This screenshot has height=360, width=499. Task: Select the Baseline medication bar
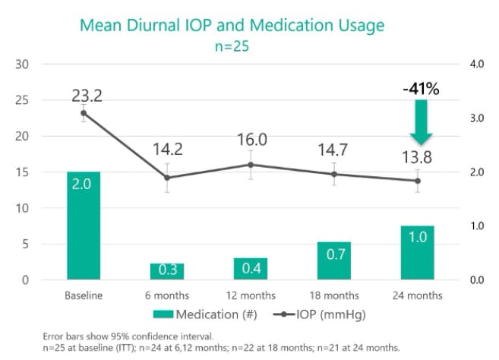84,226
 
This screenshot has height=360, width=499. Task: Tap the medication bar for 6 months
167,271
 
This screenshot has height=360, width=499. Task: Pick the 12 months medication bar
251,269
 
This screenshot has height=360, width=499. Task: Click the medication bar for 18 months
335,261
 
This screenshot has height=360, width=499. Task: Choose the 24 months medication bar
418,252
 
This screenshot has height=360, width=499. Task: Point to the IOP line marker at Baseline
84,113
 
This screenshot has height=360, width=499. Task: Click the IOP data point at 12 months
251,165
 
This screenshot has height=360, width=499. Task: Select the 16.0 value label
251,140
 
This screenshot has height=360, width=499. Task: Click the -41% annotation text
421,90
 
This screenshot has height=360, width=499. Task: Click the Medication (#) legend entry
204,314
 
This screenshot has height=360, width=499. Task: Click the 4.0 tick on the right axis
476,64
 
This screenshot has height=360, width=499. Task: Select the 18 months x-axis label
335,295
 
